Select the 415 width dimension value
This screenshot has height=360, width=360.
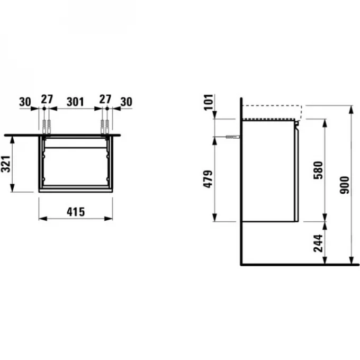coord(76,212)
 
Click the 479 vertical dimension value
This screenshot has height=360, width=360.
coord(209,180)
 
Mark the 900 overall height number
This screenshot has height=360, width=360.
coord(345,185)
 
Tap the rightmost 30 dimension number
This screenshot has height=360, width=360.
coord(126,100)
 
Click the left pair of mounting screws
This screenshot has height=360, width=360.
coord(47,126)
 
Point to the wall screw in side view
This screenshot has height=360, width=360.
coord(232,137)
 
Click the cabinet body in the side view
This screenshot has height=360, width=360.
coord(267,169)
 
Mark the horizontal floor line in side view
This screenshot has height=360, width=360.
coord(296,264)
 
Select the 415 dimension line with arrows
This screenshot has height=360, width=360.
coord(76,218)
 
